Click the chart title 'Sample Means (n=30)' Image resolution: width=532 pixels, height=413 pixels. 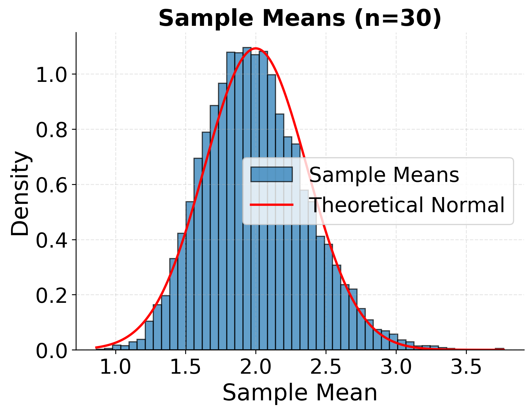click(300, 18)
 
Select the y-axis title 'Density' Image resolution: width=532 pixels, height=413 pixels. click(20, 193)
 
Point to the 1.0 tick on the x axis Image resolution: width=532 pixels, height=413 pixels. click(115, 367)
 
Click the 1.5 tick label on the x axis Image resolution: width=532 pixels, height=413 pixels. click(185, 367)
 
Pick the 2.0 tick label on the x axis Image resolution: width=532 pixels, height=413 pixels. click(256, 367)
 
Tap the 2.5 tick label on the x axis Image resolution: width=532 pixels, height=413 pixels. click(326, 367)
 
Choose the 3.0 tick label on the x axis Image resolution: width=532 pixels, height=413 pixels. click(396, 367)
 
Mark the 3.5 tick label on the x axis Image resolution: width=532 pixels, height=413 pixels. click(466, 367)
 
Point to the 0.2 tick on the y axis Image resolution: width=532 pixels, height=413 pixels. click(51, 296)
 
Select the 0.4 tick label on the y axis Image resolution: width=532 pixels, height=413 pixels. click(51, 240)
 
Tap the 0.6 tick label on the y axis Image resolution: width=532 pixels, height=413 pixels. click(51, 185)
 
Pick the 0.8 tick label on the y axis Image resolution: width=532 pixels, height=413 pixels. click(51, 130)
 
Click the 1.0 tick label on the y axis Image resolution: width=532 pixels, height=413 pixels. click(51, 75)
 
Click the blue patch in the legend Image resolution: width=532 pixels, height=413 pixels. click(271, 174)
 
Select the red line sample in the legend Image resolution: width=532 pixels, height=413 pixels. click(271, 205)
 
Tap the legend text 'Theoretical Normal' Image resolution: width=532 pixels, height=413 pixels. click(407, 205)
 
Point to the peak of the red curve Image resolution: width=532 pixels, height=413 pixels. click(256, 48)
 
